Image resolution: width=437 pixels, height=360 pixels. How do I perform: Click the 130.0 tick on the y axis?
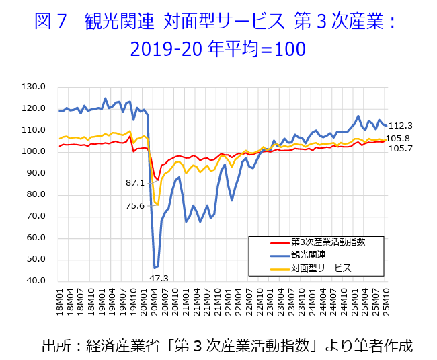[x=34, y=87]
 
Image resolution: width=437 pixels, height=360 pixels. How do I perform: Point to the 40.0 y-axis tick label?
[x=34, y=281]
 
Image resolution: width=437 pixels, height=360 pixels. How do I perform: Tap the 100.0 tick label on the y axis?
[x=34, y=151]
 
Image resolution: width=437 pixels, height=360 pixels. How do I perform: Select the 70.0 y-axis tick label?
[x=34, y=216]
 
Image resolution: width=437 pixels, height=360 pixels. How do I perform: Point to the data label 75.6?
[x=135, y=206]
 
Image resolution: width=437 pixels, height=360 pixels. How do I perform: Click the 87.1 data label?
[x=135, y=182]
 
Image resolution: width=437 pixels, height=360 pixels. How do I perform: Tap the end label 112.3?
[x=401, y=125]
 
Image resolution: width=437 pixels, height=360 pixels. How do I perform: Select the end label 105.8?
[x=401, y=138]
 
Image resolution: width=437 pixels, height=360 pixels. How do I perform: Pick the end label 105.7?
[x=401, y=149]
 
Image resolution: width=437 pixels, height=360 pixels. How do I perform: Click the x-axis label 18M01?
[x=61, y=301]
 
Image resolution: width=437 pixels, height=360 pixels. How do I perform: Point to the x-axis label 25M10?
[x=387, y=301]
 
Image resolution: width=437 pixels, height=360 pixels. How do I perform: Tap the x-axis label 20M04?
[x=155, y=301]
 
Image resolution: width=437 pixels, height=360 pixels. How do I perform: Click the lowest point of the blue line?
[x=155, y=268]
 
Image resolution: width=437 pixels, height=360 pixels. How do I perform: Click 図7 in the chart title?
[x=50, y=22]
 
